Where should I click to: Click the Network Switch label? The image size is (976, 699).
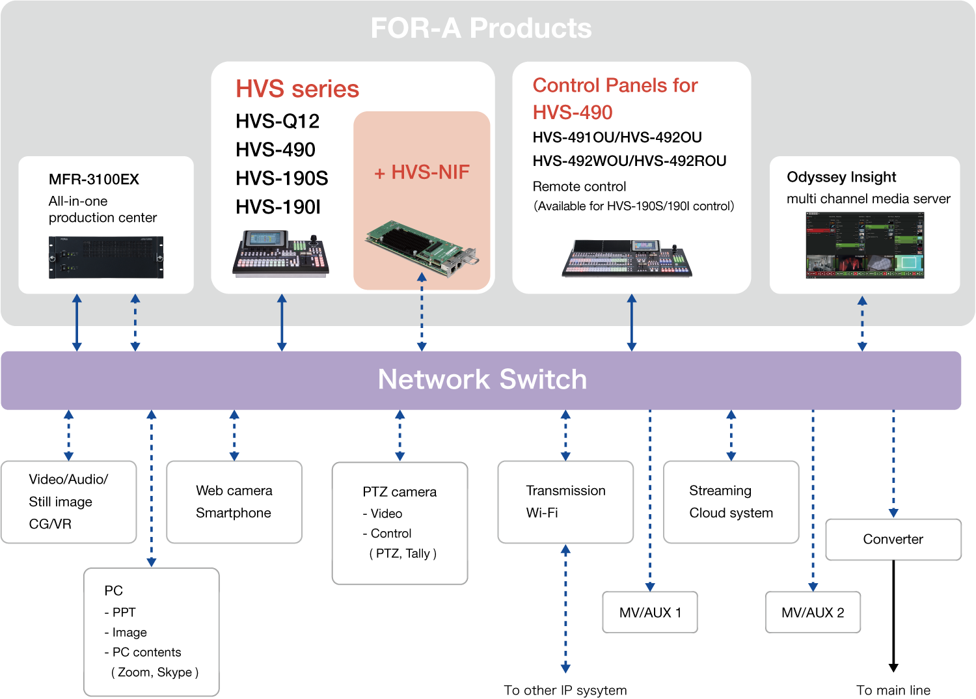pos(482,379)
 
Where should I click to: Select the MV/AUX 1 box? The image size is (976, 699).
pos(649,612)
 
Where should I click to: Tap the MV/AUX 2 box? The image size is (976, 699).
pos(813,612)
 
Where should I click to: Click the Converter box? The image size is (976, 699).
pos(893,539)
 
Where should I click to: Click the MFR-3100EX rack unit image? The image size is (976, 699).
pos(106,258)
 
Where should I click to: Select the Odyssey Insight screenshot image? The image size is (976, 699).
pos(865,245)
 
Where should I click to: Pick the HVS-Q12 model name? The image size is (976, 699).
pos(277,121)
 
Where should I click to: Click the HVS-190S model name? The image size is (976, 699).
pos(281,178)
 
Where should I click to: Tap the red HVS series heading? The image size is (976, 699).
pos(297,89)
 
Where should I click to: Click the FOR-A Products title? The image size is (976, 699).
pos(481,29)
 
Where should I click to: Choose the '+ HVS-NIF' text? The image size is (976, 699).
pos(422,172)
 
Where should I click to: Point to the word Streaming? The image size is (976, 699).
pos(720,491)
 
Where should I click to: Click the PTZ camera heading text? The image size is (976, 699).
pos(400,492)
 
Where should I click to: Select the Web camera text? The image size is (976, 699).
pos(234,491)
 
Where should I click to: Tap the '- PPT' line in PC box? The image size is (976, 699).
pos(120,612)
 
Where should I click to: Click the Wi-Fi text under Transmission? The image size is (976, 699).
pos(542,513)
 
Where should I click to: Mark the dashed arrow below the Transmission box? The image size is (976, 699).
pos(565,609)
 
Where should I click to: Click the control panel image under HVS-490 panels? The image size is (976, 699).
pos(627,258)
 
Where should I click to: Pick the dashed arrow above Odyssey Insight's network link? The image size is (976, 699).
pos(862,323)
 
